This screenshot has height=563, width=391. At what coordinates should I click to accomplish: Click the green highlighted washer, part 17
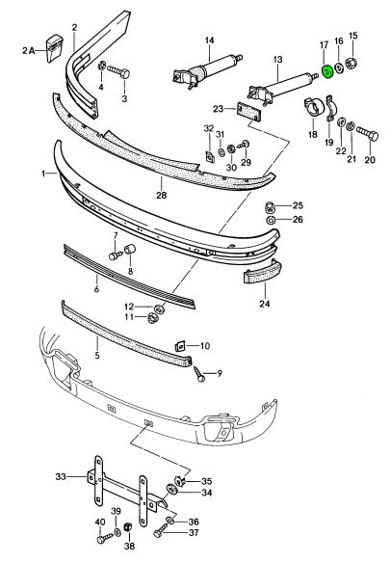point(327,71)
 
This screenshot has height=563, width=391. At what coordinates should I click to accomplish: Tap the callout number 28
point(162,195)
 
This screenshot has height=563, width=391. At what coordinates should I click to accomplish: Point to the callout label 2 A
point(28,51)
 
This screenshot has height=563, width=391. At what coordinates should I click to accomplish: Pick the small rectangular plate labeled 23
point(248,113)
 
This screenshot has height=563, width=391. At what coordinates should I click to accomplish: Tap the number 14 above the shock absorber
point(209,40)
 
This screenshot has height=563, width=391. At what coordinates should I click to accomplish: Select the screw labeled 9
point(199,374)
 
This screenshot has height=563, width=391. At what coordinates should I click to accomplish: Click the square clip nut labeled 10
point(180,346)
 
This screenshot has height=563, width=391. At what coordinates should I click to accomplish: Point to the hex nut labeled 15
point(351,64)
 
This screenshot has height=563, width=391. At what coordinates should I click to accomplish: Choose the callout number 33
point(61,476)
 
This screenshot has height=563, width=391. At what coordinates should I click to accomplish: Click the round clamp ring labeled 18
point(314,107)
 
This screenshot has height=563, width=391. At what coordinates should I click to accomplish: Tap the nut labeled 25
point(270,207)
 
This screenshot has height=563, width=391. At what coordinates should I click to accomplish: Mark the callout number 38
point(129,546)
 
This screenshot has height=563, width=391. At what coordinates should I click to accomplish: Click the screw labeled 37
point(161,532)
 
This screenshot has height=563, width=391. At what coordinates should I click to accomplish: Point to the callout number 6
point(96,288)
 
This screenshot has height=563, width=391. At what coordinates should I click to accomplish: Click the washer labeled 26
point(271,220)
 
